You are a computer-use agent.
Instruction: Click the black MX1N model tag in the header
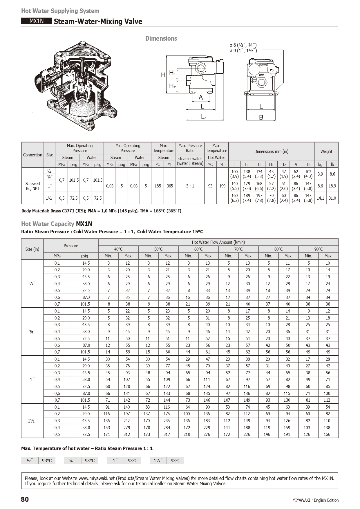(x=36, y=21)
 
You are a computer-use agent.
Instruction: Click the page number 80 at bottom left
(x=25, y=499)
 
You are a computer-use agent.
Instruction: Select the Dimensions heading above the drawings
(x=161, y=39)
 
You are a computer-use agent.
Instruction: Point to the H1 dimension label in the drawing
(x=172, y=73)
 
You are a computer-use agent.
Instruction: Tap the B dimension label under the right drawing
(x=261, y=117)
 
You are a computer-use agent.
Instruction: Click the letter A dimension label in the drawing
(x=200, y=98)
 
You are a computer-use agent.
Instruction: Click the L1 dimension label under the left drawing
(x=204, y=117)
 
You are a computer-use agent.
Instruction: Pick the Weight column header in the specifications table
(x=326, y=151)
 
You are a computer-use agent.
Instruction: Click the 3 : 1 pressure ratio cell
(x=190, y=186)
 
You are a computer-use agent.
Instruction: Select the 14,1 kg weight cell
(x=320, y=198)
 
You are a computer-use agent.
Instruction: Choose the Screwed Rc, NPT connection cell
(x=32, y=186)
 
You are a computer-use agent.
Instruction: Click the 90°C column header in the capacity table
(x=318, y=249)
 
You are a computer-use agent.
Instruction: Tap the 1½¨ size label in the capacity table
(x=32, y=420)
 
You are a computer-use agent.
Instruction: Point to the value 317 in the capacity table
(x=168, y=434)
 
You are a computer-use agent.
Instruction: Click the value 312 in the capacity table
(x=127, y=434)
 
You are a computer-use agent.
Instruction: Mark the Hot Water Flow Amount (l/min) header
(x=218, y=242)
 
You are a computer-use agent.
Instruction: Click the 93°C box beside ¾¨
(x=90, y=461)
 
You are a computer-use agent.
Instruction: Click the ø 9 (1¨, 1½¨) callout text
(x=243, y=50)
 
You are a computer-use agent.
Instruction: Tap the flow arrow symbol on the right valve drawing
(x=272, y=70)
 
